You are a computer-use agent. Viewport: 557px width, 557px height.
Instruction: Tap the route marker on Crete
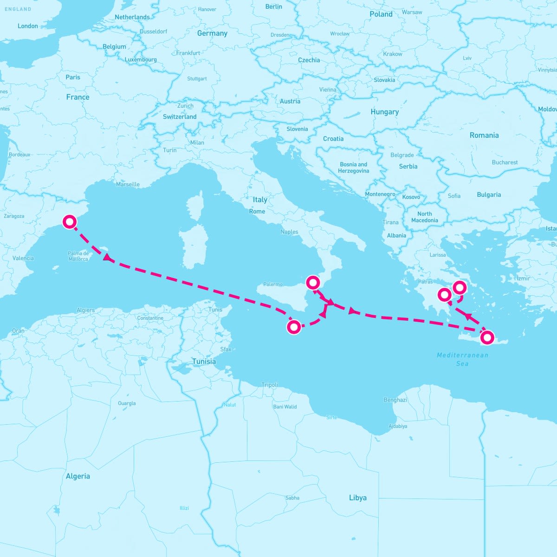click(487, 337)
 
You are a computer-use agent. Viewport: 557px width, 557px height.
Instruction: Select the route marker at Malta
click(294, 327)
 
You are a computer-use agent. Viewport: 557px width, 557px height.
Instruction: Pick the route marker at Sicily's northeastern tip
click(313, 282)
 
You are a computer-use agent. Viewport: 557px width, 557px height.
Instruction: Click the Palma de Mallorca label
click(78, 256)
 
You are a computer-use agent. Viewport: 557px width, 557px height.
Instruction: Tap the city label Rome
click(257, 211)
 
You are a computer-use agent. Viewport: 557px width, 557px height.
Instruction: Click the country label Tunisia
click(204, 362)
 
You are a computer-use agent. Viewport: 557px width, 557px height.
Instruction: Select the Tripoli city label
click(270, 385)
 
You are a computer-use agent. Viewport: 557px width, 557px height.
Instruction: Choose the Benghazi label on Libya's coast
click(395, 400)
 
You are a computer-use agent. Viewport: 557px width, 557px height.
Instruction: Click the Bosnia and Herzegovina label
click(354, 168)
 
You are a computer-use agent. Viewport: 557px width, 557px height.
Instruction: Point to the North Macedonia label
click(424, 217)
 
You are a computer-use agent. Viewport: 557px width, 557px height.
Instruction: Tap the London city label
click(28, 26)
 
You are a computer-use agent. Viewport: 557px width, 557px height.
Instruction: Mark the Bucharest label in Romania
click(505, 162)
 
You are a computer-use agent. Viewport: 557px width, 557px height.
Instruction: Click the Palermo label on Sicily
click(273, 284)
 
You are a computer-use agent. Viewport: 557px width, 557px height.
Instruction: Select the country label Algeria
click(78, 476)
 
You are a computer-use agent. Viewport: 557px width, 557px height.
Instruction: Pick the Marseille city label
click(128, 184)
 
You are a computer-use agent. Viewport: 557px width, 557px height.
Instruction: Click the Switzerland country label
click(180, 117)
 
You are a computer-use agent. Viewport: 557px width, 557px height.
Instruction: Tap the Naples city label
click(289, 232)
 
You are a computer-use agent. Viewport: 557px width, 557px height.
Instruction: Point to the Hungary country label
click(384, 112)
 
